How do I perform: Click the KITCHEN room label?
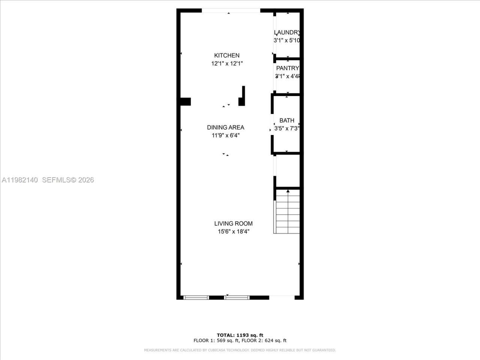tap(226, 55)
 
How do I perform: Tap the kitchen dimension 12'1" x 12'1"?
tap(227, 64)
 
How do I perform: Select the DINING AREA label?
tap(225, 127)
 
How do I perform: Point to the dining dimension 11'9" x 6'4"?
tap(225, 136)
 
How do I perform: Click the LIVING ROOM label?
tap(233, 223)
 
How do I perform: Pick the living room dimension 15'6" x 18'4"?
tap(233, 232)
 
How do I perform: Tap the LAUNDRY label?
tap(287, 33)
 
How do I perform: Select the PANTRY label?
tap(287, 68)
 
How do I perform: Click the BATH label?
tap(287, 120)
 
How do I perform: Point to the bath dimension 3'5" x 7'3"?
tap(287, 129)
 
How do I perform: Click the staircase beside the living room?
tap(288, 214)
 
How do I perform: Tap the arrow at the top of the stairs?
tap(288, 192)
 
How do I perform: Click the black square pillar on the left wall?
tap(184, 102)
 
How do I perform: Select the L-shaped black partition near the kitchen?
tap(242, 97)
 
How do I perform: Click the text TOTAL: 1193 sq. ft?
tap(240, 335)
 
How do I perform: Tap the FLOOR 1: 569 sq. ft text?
tap(216, 341)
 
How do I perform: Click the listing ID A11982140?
tap(20, 180)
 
